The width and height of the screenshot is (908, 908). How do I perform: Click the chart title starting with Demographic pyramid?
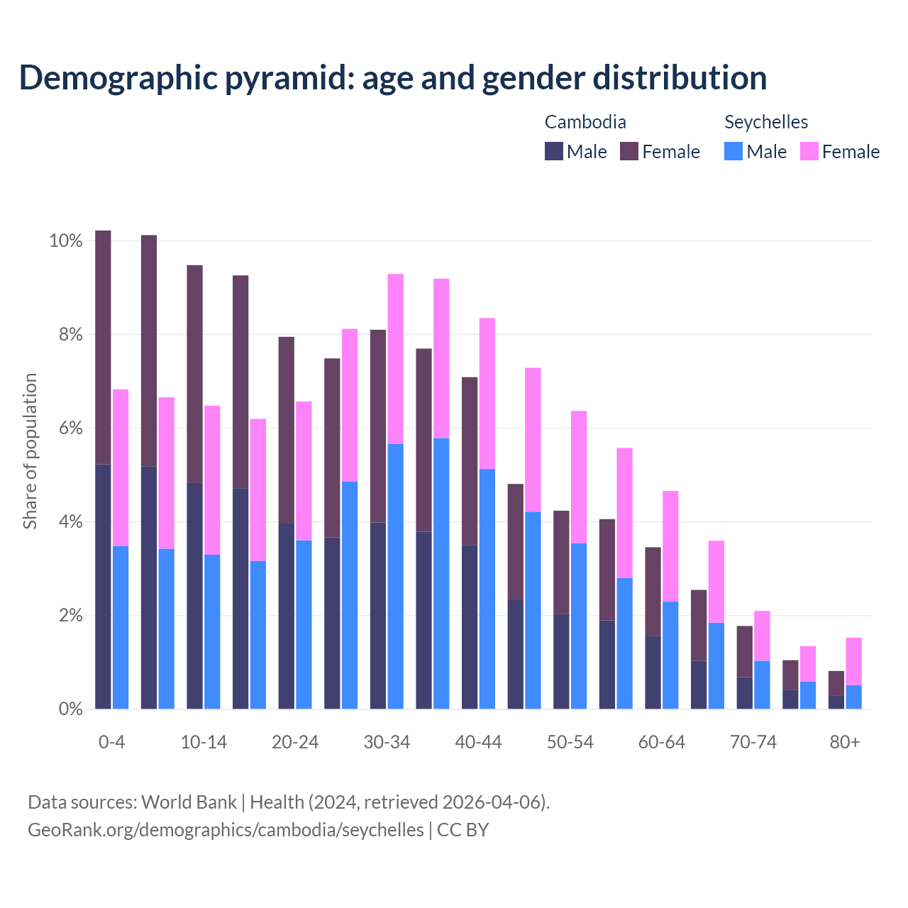[x=393, y=78]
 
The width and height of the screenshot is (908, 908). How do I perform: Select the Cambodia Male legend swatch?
[x=554, y=151]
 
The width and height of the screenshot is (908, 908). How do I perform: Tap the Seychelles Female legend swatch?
[x=809, y=151]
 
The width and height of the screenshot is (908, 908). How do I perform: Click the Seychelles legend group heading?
[x=766, y=122]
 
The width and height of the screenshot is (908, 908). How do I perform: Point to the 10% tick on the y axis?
[x=66, y=241]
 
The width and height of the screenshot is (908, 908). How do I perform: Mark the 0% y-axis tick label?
[x=69, y=709]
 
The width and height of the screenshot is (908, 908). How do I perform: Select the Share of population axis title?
[x=31, y=451]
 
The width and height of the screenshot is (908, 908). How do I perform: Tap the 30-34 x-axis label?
[x=387, y=742]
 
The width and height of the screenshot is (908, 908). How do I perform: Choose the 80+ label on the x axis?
[x=845, y=742]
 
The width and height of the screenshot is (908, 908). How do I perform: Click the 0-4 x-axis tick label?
[x=112, y=742]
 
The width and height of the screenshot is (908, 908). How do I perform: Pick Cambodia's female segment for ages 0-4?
[x=103, y=348]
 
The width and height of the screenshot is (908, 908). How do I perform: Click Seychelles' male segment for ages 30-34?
[x=395, y=576]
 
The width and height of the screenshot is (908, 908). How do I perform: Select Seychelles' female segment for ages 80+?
[x=854, y=661]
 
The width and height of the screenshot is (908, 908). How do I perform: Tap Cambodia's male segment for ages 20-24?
[x=286, y=616]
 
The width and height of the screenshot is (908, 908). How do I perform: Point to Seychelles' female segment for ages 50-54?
[x=579, y=477]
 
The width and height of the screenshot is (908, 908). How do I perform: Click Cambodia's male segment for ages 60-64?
[x=653, y=672]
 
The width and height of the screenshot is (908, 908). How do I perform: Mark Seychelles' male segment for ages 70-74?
[x=763, y=685]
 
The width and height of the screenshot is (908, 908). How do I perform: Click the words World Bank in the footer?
[x=189, y=802]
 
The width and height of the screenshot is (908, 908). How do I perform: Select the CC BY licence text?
[x=463, y=830]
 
